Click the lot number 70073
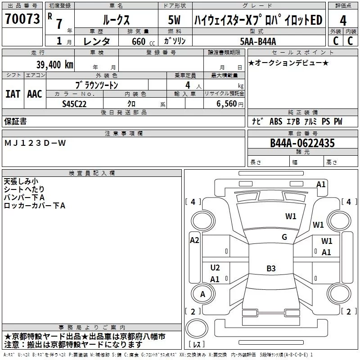click(x=22, y=19)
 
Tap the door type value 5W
click(x=175, y=20)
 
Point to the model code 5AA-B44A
click(x=258, y=41)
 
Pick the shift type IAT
click(x=13, y=94)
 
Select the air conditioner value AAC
click(x=35, y=94)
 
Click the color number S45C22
click(x=75, y=104)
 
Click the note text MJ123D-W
click(x=35, y=143)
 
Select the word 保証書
click(x=15, y=121)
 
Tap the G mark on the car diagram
click(x=284, y=237)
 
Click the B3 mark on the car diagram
click(x=271, y=269)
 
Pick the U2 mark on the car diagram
click(x=215, y=268)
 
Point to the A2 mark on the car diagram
click(x=194, y=240)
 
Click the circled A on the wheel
click(x=202, y=294)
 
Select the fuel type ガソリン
click(x=175, y=41)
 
